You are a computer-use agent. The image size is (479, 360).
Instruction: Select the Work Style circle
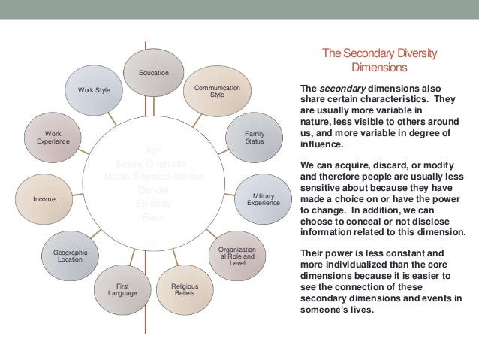94,90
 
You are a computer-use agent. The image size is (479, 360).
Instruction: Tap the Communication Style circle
217,92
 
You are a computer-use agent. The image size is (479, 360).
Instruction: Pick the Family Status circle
255,138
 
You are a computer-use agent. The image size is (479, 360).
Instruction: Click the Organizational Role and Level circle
237,256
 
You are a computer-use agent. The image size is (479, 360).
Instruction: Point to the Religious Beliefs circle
185,289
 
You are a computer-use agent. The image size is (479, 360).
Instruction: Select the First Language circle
122,289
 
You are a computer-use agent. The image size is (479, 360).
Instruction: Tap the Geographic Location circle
71,256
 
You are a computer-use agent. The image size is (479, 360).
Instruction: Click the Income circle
44,199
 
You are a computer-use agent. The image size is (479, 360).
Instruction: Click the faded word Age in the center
153,150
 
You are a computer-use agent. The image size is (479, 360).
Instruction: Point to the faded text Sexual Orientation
154,163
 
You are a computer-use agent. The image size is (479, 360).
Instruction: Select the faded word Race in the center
153,217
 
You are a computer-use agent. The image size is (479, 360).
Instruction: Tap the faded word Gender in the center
154,190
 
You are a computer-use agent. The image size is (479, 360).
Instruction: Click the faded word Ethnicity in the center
154,204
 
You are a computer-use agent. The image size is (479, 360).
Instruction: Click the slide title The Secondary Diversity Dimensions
378,60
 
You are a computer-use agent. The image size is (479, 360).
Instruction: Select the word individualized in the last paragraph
356,264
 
